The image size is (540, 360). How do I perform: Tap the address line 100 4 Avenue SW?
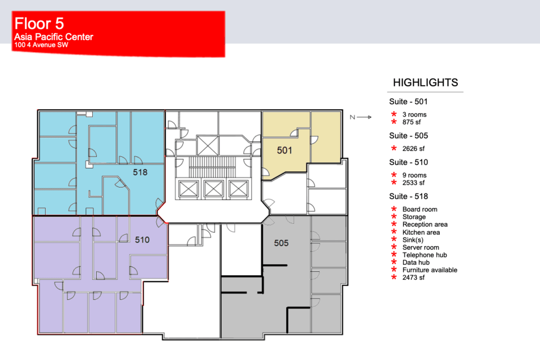point(41,45)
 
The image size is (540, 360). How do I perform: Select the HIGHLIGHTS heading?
point(425,83)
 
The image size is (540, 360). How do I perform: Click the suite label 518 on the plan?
point(141,172)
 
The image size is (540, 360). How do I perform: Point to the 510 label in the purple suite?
point(142,240)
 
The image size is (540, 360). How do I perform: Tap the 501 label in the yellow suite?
point(284,150)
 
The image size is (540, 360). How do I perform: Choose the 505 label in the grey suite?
point(281,243)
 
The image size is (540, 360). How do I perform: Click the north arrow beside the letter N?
point(365,117)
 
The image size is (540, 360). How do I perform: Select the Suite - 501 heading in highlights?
point(408,102)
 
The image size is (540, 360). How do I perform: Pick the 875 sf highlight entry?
point(414,122)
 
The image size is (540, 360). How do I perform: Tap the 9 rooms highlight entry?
point(414,175)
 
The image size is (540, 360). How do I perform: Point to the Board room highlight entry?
point(419,209)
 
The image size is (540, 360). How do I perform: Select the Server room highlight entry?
point(421,247)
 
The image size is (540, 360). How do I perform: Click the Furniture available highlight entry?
point(429,270)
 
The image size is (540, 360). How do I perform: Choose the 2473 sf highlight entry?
point(414,278)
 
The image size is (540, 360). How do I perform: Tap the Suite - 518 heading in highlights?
point(408,196)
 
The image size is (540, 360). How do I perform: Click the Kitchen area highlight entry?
point(421,232)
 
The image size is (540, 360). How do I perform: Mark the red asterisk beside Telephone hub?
point(394,255)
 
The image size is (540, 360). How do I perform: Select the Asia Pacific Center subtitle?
point(54,37)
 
